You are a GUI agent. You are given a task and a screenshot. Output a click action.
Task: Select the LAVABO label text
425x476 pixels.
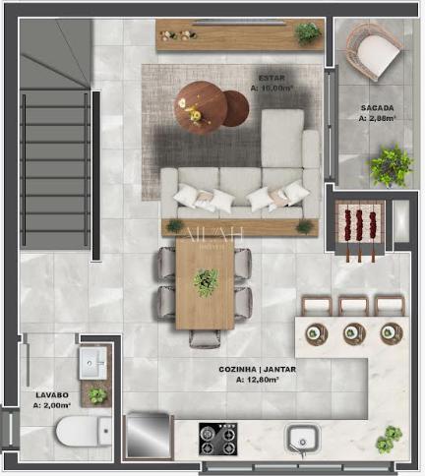coord(49,396)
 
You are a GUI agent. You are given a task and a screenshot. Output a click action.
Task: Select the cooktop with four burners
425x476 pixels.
coord(217,438)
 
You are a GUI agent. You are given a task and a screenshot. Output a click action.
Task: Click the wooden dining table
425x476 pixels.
coord(205,284)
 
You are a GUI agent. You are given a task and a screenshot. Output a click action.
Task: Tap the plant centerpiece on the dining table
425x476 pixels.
coord(206,283)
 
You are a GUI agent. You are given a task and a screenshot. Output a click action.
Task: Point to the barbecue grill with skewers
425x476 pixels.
coord(360,228)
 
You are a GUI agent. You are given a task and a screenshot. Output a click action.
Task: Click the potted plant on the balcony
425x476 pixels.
coord(392,164)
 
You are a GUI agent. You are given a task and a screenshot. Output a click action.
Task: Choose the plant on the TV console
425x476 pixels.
coord(308,32)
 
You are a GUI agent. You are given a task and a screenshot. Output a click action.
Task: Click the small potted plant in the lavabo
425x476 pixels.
coord(97,395)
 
